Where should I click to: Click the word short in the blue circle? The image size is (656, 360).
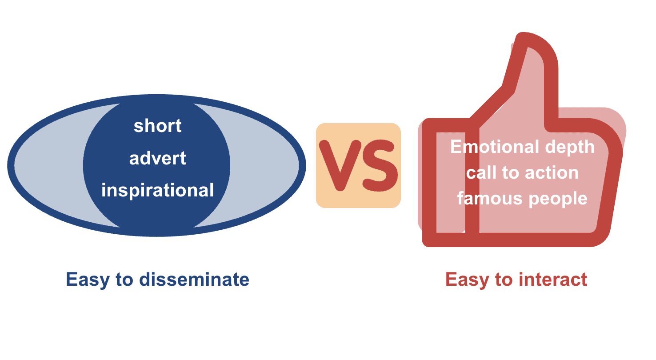click(157, 126)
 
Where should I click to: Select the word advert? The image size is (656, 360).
click(157, 158)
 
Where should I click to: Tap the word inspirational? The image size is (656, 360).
click(157, 190)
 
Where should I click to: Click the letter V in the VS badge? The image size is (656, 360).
click(340, 165)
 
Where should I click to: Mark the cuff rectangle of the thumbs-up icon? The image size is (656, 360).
click(450, 182)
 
